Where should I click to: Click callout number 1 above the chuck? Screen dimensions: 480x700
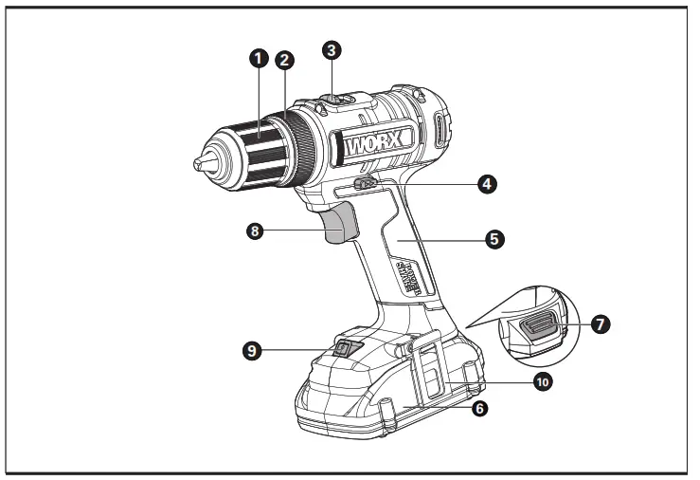click(x=256, y=58)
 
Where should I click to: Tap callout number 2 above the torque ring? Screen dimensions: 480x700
click(x=283, y=59)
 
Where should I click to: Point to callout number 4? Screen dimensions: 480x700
click(x=487, y=183)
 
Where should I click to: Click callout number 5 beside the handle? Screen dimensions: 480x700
click(x=494, y=238)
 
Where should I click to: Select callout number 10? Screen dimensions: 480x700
click(x=541, y=381)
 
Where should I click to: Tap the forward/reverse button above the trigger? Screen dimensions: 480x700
click(x=362, y=184)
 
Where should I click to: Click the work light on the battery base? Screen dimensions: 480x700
click(x=346, y=349)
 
